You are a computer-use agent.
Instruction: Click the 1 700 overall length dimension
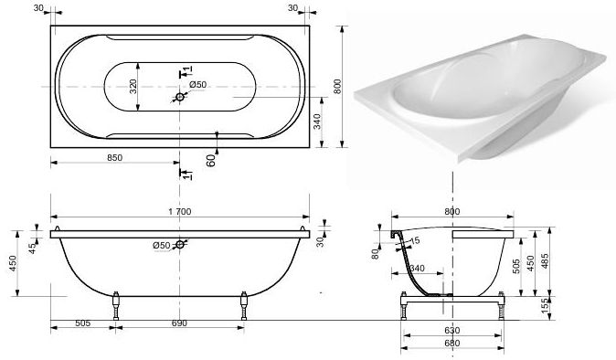[x=180, y=212]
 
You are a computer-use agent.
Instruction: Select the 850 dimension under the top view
[x=115, y=157]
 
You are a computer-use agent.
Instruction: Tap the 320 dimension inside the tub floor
[x=133, y=87]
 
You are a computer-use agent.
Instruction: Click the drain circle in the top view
[x=180, y=97]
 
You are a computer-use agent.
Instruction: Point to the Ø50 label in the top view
[x=197, y=84]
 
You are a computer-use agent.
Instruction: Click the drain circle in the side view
[x=180, y=245]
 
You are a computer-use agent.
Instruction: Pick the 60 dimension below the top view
[x=211, y=160]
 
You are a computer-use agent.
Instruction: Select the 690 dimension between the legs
[x=179, y=323]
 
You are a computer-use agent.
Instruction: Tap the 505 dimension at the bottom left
[x=82, y=323]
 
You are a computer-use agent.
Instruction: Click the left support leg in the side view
[x=116, y=305]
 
